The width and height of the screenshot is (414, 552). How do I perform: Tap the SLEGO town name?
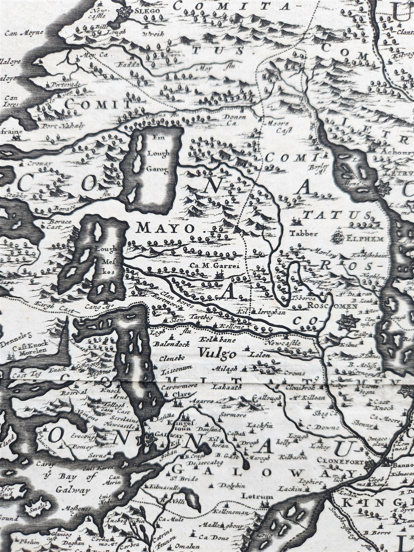(150, 11)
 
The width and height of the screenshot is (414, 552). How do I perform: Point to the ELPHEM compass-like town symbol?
(337, 238)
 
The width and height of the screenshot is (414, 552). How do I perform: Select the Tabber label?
(304, 233)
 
